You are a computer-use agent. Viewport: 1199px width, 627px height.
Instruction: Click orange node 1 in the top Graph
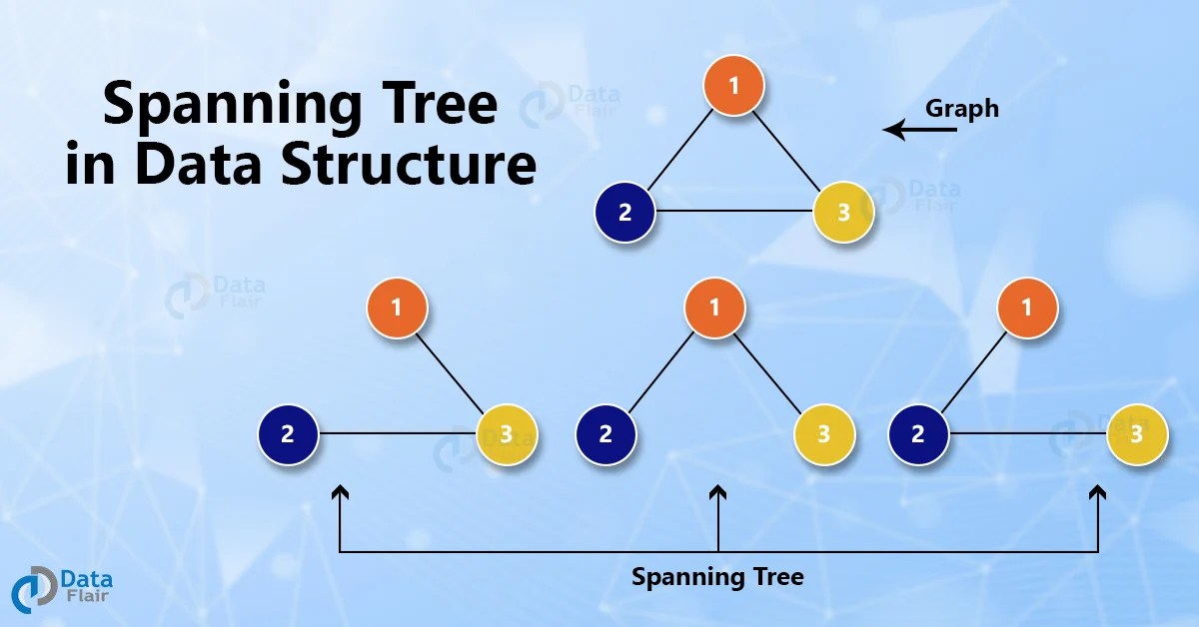tap(734, 85)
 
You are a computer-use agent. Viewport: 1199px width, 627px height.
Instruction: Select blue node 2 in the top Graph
tap(624, 212)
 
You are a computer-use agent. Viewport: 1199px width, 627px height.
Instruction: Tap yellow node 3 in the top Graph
tap(843, 212)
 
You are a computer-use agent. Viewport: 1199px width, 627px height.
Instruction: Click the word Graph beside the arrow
tap(961, 108)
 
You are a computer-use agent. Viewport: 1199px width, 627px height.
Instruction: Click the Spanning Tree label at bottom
tap(717, 577)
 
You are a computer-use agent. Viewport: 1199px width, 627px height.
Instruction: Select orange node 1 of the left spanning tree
tap(397, 307)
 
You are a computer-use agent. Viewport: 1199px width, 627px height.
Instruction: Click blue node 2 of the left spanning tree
tap(288, 434)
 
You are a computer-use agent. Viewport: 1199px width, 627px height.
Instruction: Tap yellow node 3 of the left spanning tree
tap(507, 434)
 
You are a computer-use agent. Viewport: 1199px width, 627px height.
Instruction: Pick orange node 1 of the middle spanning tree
tap(715, 307)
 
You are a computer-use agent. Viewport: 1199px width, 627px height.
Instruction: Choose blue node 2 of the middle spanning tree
tap(606, 434)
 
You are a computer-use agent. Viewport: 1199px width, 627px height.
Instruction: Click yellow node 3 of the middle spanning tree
tap(825, 434)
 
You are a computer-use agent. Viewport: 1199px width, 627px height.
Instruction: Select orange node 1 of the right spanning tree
tap(1028, 307)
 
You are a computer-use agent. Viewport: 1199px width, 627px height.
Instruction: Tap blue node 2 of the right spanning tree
tap(918, 434)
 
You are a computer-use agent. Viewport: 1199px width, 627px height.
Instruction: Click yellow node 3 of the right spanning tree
tap(1137, 434)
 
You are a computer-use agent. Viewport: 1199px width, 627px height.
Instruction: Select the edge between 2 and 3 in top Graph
tap(733, 212)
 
